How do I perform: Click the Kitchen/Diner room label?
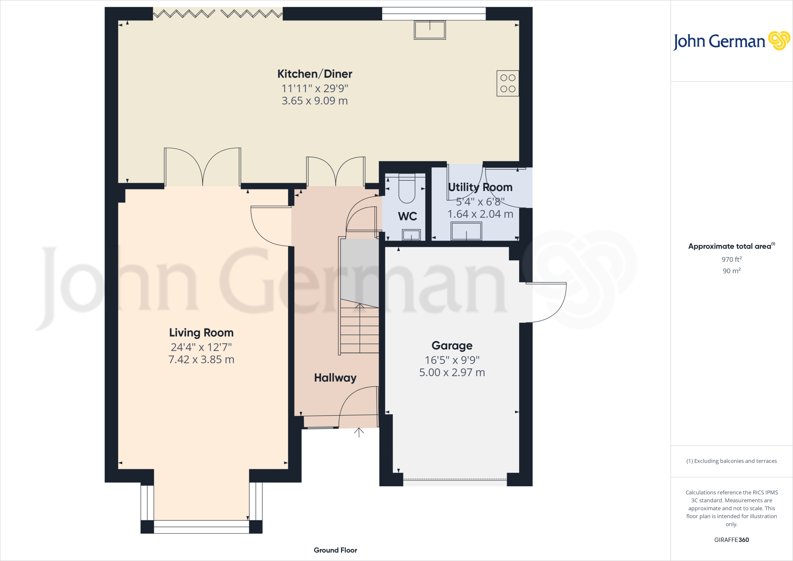314,74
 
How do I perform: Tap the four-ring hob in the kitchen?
508,83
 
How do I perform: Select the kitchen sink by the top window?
430,30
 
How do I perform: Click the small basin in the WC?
411,235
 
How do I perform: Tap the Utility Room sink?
466,231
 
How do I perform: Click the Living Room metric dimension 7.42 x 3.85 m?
201,360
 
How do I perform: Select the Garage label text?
452,345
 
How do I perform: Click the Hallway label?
335,378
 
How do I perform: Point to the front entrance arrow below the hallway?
359,432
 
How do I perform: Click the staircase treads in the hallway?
360,329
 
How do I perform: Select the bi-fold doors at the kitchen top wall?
218,14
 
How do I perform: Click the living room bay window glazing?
201,527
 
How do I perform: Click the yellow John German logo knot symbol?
779,41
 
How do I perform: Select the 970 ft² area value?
731,260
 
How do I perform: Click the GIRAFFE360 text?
731,540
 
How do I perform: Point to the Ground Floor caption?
335,550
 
